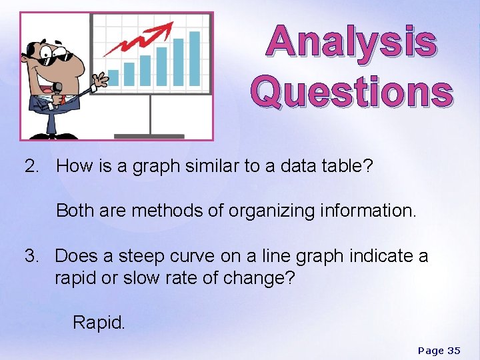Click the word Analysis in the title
tap(351, 42)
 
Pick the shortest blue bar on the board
tap(113, 77)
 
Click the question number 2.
tap(31, 166)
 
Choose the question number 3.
tap(31, 256)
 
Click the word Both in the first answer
tap(74, 211)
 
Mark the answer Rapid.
tap(98, 323)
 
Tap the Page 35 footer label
tap(439, 351)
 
